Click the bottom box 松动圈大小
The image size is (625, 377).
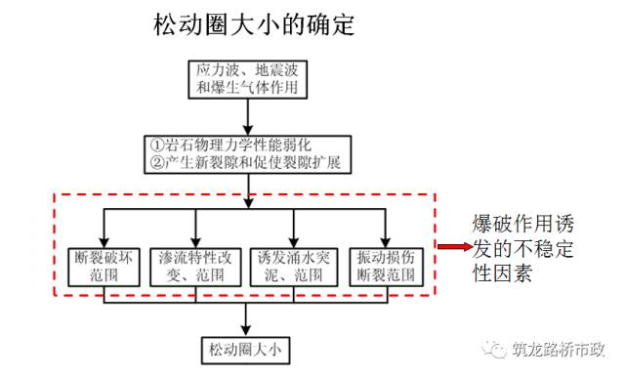245,347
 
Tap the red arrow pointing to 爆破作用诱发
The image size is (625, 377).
452,248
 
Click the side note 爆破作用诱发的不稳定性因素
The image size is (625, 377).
522,248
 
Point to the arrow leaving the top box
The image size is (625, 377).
252,116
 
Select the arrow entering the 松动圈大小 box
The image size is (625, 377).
245,318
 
